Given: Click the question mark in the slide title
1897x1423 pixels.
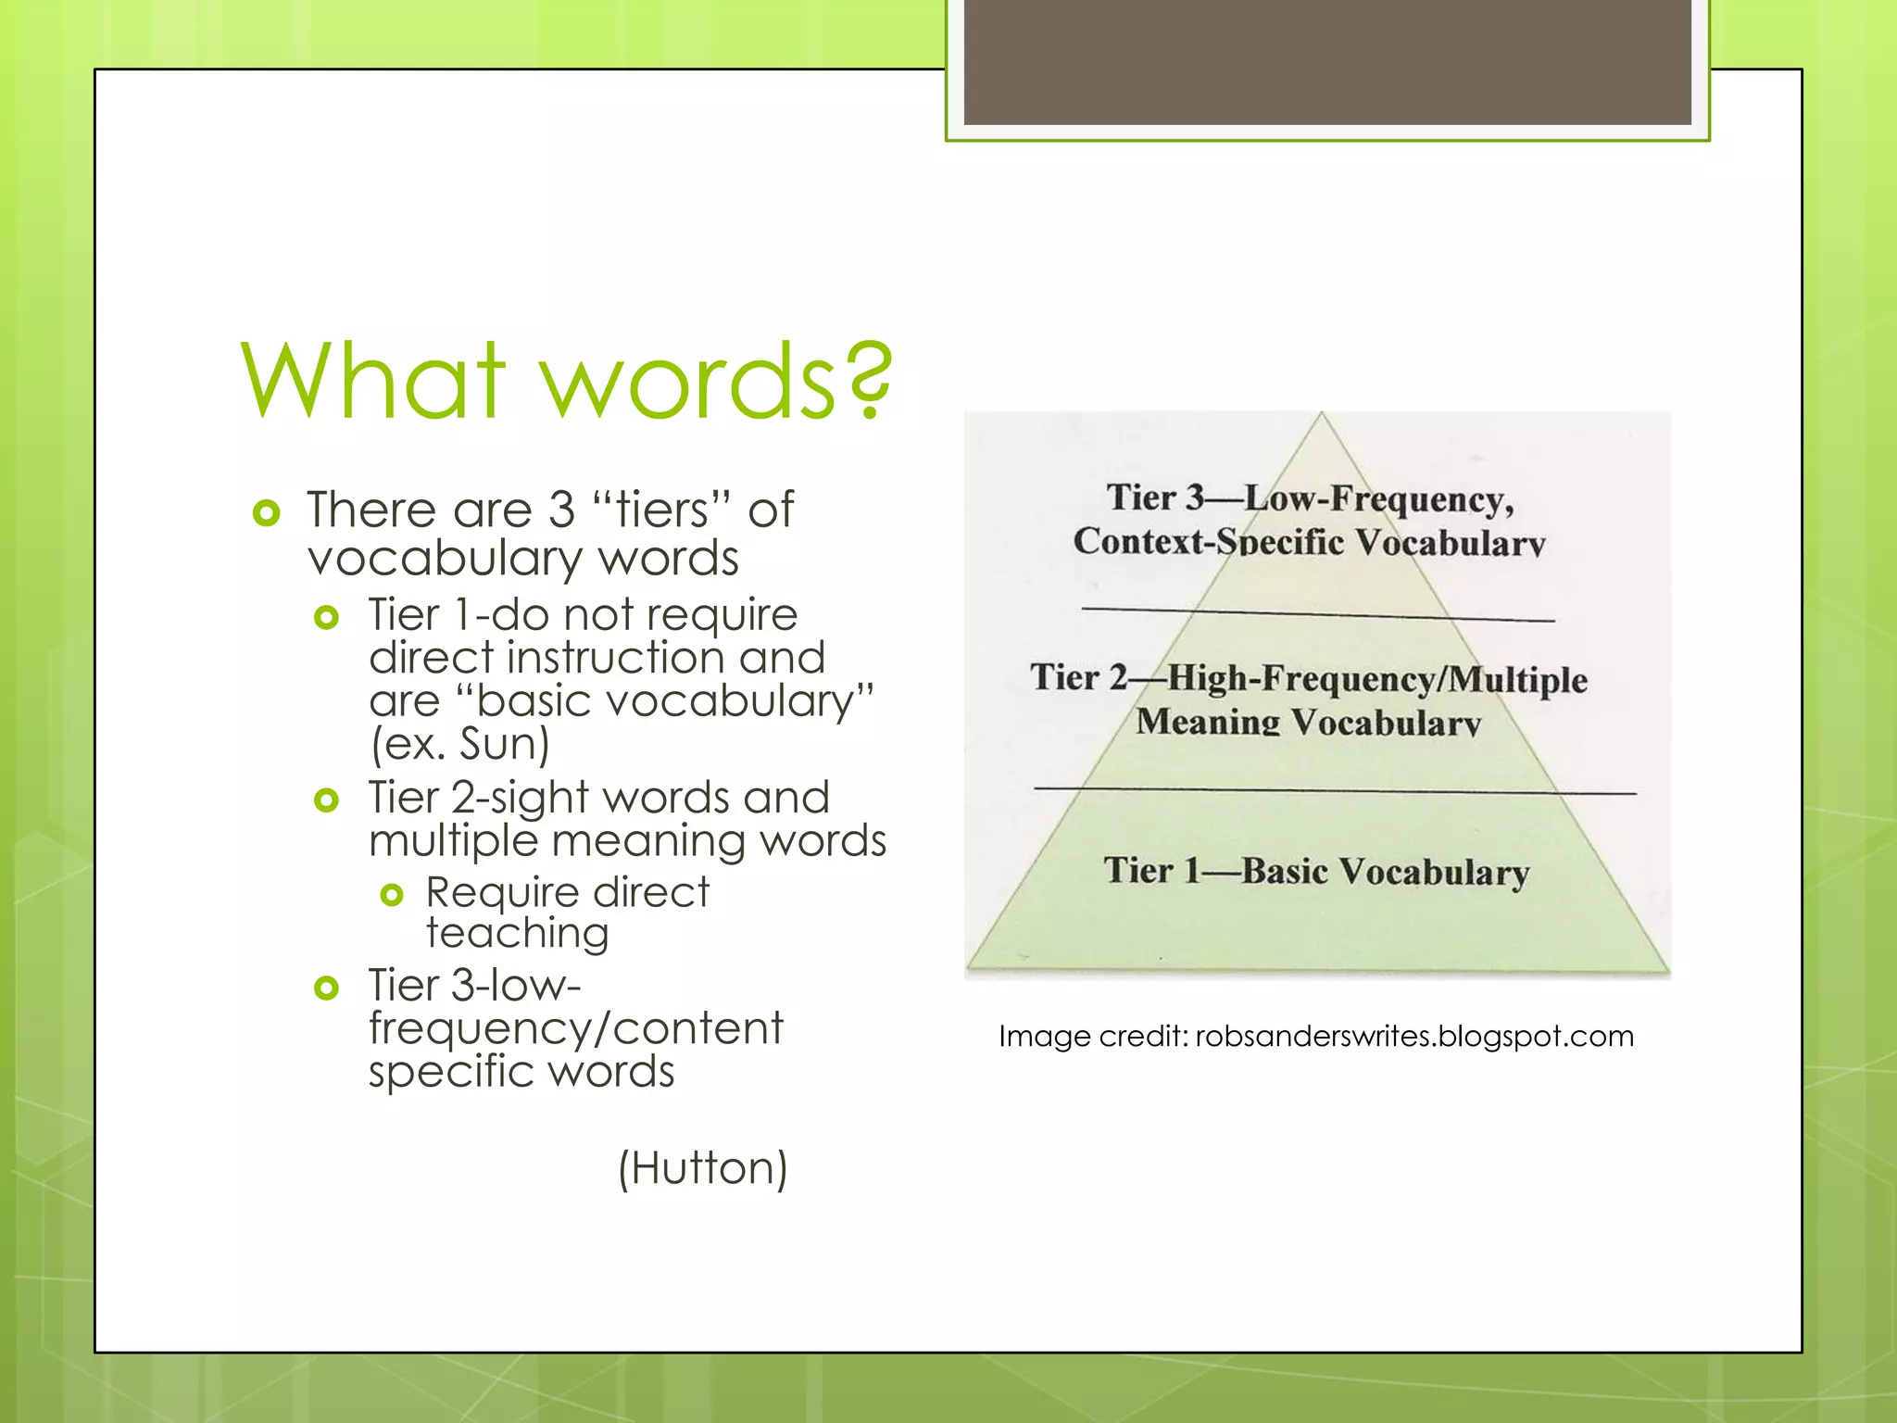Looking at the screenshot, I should (x=869, y=379).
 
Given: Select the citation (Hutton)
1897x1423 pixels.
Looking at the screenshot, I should (x=703, y=1168).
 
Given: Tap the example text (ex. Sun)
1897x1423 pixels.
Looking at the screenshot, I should (x=460, y=744).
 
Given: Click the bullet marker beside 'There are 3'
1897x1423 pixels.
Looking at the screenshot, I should (x=267, y=512).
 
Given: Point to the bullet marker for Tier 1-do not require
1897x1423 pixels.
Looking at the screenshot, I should (x=326, y=617).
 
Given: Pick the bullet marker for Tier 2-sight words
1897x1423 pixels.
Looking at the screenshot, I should (x=326, y=800).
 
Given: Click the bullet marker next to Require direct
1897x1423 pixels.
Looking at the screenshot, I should (x=392, y=894).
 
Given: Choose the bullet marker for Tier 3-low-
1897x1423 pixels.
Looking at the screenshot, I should (x=326, y=988).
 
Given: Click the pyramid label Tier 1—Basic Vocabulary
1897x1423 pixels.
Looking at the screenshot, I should (x=1316, y=872).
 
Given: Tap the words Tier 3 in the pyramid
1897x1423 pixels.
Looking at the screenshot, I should (x=1154, y=497).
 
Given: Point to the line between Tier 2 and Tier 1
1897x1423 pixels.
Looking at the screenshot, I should (x=1334, y=790).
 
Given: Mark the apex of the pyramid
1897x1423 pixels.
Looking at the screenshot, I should (x=1322, y=415).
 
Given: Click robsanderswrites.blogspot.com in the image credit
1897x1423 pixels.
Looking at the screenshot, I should (x=1414, y=1036).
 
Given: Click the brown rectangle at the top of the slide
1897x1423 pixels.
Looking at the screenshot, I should (x=1327, y=61).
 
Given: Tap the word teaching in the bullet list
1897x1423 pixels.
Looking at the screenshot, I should (x=518, y=934).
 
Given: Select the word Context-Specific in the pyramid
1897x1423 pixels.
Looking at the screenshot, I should (x=1208, y=541).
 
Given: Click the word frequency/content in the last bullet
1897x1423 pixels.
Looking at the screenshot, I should (x=575, y=1028).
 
